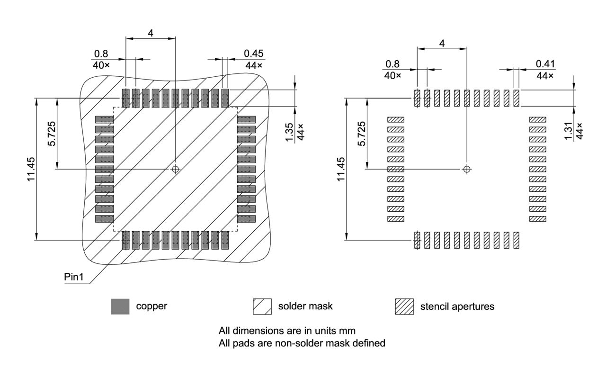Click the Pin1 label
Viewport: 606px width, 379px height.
point(74,277)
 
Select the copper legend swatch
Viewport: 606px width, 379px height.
point(120,307)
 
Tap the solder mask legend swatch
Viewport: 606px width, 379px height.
point(262,307)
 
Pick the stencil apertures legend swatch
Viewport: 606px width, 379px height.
point(404,307)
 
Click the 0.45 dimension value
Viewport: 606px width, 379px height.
point(254,54)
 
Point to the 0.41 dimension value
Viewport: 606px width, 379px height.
point(545,63)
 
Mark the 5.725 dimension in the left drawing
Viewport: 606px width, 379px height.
point(52,134)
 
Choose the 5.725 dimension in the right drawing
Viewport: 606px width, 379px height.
point(362,134)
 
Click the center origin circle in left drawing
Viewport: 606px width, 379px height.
point(176,169)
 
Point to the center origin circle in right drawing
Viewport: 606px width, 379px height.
point(467,169)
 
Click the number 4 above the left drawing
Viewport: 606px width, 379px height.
point(151,34)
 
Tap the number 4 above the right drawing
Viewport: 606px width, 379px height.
point(442,43)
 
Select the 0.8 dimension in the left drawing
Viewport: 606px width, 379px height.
point(101,54)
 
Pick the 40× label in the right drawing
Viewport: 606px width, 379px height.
point(392,75)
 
